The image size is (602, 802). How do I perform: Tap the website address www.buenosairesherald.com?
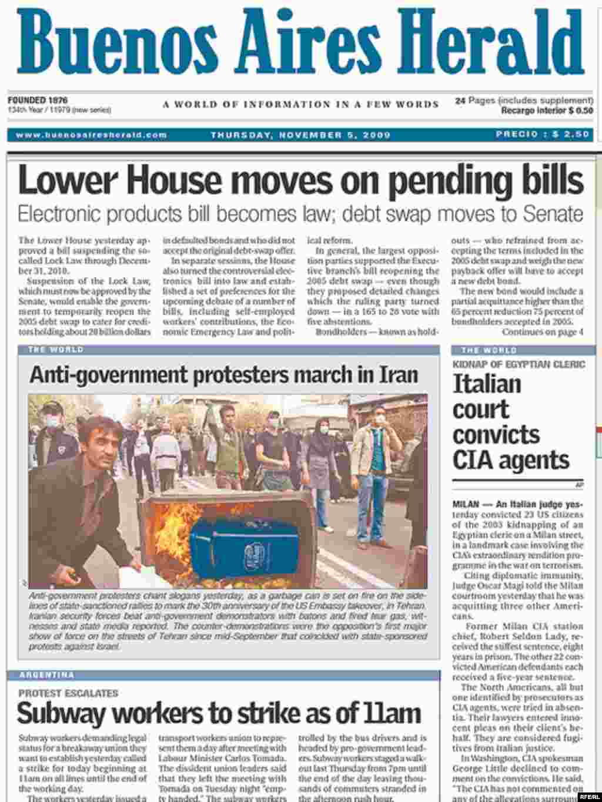91,135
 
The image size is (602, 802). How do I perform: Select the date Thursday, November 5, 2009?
300,135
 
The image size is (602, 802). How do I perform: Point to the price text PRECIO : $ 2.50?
542,135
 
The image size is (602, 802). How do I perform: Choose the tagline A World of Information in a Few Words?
300,105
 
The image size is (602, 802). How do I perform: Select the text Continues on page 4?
542,332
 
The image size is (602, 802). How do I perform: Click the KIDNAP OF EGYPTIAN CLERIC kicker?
519,365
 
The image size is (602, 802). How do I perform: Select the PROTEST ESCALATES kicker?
68,693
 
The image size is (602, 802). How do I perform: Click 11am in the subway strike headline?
390,714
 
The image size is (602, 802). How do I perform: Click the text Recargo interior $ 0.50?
547,110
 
